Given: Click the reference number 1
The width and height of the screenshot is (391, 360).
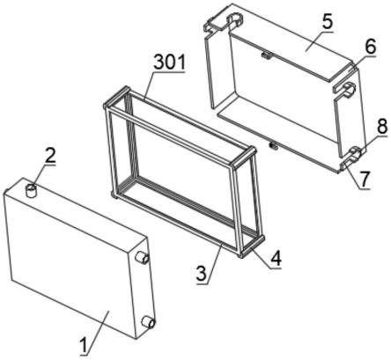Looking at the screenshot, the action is tap(85, 345).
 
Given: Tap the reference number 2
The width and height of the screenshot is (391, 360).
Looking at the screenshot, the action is tap(50, 156).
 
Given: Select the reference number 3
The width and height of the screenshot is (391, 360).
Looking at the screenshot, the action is tap(202, 274).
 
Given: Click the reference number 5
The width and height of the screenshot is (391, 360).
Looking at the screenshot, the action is tap(327, 21).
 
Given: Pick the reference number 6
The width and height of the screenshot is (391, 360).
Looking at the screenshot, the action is tap(370, 46).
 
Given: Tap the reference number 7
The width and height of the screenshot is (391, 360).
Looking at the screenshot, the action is tap(364, 179).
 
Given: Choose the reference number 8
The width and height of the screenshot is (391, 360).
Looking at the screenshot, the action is tap(382, 126).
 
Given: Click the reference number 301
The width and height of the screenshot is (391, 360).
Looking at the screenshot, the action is tap(170, 62).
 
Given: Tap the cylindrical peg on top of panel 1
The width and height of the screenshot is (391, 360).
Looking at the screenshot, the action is tap(31, 190).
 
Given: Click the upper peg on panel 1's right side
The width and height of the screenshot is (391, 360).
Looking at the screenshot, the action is tap(142, 258).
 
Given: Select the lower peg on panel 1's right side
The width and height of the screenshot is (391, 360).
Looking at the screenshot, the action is tap(148, 323).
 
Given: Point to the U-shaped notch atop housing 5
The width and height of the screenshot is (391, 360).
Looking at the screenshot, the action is tap(235, 19).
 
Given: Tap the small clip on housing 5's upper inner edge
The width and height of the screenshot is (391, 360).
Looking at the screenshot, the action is tap(267, 55).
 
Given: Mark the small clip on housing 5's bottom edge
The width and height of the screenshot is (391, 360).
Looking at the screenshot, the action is tap(273, 145).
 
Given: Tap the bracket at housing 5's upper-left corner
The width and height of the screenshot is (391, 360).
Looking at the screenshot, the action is tap(215, 25).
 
